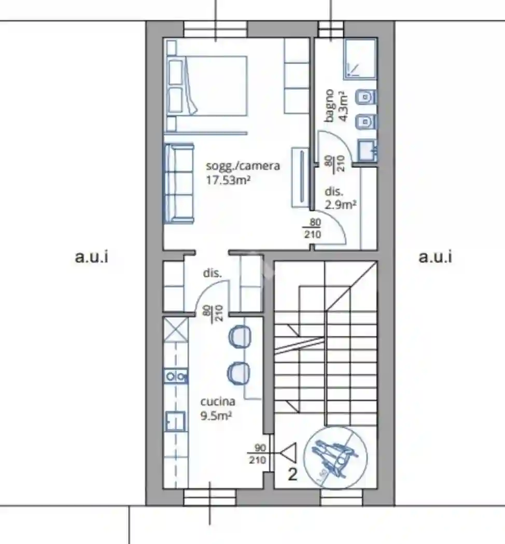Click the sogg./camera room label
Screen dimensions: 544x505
coord(243,166)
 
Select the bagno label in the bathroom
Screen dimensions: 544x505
coord(330,106)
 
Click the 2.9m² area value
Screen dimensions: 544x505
coord(341,204)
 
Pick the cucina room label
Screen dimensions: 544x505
coord(218,402)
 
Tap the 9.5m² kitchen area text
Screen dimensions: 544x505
coord(216,414)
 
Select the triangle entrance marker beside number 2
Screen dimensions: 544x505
coord(288,454)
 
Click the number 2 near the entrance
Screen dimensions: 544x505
coord(292,475)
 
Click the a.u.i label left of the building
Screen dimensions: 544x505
coord(92,256)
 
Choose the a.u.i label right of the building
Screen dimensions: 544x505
coord(435,256)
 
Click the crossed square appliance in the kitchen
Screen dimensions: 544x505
coord(175,330)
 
